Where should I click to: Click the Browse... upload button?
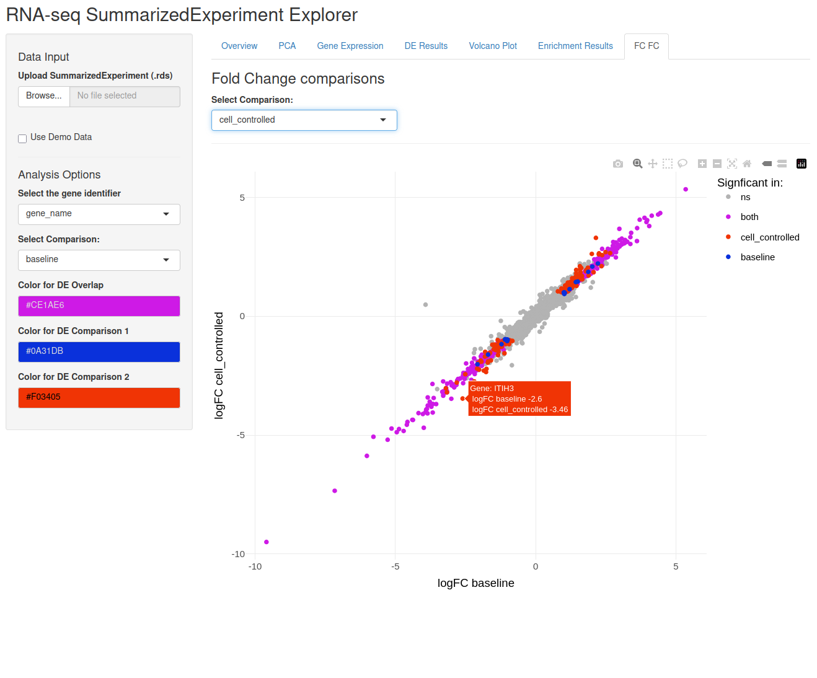click(43, 96)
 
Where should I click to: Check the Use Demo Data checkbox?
click(22, 138)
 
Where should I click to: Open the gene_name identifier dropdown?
click(99, 214)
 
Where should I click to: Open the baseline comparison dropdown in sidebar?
click(99, 260)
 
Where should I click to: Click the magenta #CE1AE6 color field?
click(99, 306)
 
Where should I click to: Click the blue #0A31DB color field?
click(99, 351)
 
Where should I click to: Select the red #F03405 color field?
click(99, 397)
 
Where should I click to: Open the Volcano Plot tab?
click(492, 46)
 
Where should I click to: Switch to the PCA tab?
click(287, 46)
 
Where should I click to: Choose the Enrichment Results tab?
click(575, 46)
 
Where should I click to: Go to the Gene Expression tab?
click(350, 46)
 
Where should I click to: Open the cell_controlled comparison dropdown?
click(304, 120)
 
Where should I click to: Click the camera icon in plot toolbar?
click(617, 164)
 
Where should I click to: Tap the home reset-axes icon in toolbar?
click(746, 164)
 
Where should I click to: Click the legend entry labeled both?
click(749, 217)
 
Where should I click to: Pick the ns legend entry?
click(744, 197)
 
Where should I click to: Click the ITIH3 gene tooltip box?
click(519, 398)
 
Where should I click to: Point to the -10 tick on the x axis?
click(255, 566)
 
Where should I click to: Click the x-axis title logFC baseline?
click(475, 583)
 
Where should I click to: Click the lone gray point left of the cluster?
click(425, 304)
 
